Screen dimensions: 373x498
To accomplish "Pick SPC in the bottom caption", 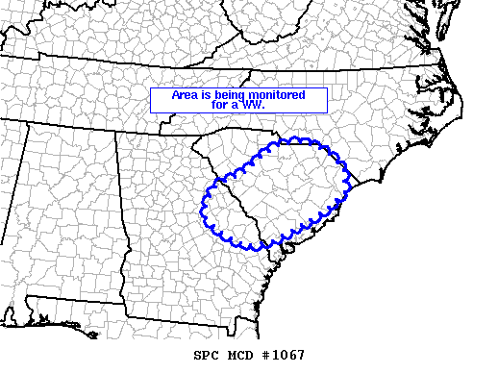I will click(207, 356).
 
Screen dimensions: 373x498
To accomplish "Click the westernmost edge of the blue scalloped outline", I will click(203, 203).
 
